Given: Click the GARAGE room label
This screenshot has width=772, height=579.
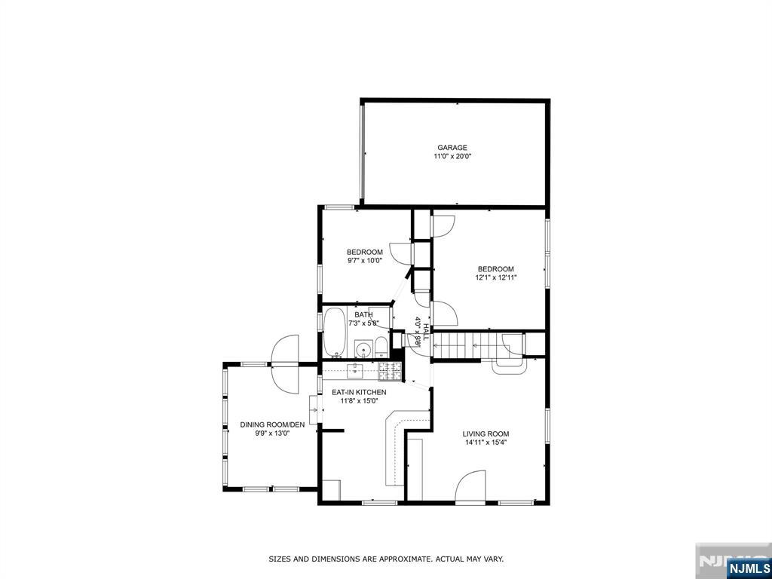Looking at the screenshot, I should (x=452, y=148).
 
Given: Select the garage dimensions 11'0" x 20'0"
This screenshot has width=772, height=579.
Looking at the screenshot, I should (x=452, y=157).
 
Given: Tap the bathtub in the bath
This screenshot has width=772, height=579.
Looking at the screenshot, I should (x=334, y=332).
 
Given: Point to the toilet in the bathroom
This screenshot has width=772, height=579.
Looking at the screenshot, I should (x=381, y=348).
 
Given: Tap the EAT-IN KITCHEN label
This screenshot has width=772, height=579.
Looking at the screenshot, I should (x=360, y=392).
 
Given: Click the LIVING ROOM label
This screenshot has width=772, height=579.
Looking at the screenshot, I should (x=486, y=433).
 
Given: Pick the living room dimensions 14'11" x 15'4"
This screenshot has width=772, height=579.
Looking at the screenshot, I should (x=486, y=443).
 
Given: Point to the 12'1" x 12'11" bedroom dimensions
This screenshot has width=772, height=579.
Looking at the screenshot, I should (x=495, y=277).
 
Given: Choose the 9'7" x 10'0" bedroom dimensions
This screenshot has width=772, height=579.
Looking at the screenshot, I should (x=364, y=261).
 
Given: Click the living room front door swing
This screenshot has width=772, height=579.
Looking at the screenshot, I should (x=472, y=486).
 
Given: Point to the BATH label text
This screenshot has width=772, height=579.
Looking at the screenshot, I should (x=364, y=314).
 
